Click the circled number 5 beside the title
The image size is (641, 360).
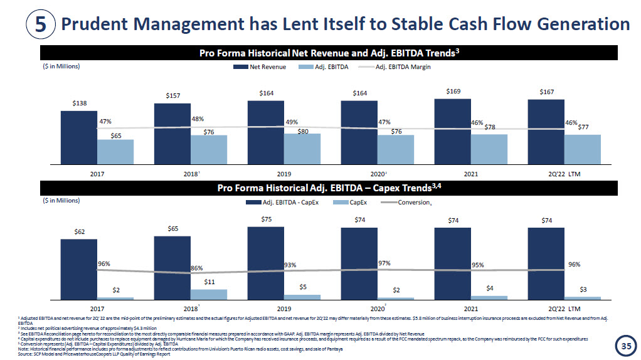[40, 24]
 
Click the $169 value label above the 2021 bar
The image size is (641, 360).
[453, 92]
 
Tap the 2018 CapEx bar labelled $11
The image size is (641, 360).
[208, 294]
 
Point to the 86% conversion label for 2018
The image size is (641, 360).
[197, 268]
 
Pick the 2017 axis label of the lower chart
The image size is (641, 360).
[97, 309]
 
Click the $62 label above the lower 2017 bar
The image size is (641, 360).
[80, 231]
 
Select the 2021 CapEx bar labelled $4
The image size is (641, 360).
[489, 297]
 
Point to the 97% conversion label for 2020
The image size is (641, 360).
[384, 263]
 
